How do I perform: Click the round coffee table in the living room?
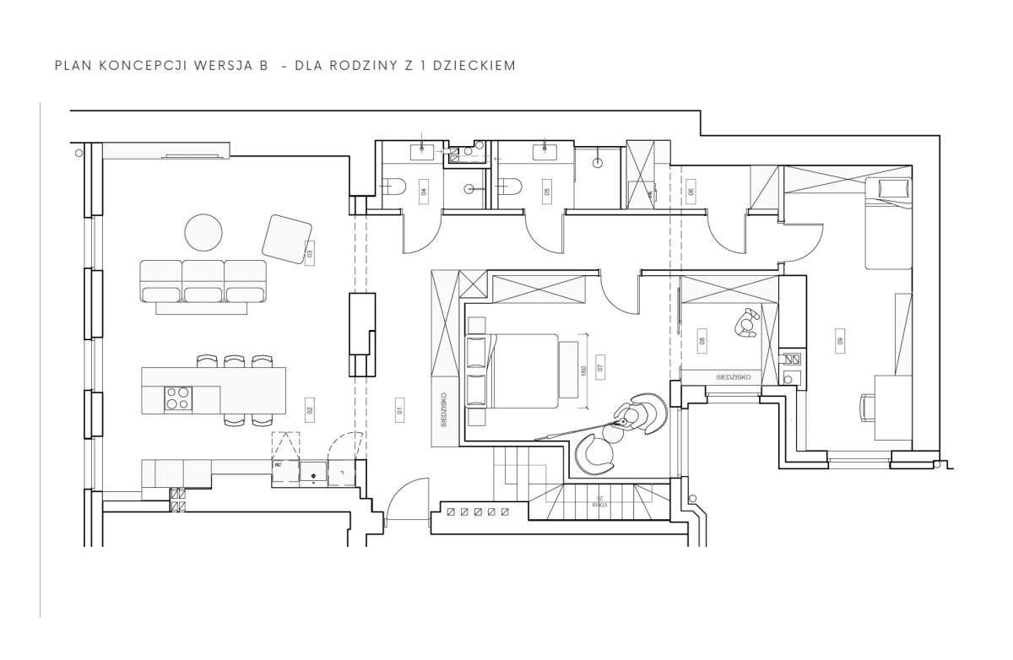tap(204, 231)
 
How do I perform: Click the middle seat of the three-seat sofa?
tap(203, 281)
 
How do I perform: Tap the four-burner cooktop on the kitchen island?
tap(177, 398)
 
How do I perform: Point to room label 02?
tap(310, 411)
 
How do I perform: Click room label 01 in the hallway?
tap(397, 411)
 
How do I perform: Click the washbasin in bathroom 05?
tap(544, 152)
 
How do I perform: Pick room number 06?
tap(690, 192)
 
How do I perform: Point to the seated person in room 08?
tap(747, 323)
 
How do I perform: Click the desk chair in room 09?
tap(869, 406)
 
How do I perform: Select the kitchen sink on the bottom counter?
tap(314, 475)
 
